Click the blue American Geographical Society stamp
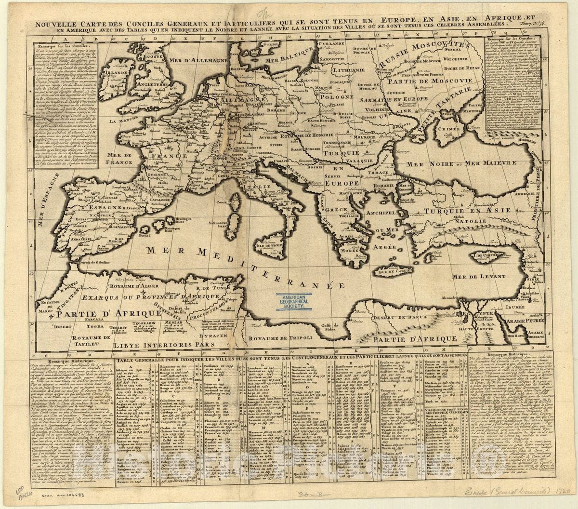pos(295,302)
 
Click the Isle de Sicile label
pos(270,246)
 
